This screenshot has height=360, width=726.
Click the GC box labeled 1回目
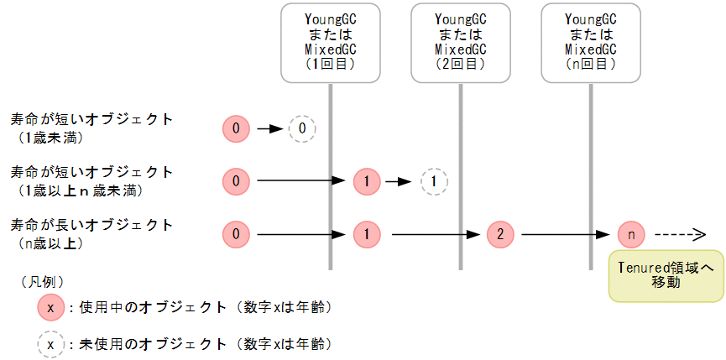click(x=330, y=42)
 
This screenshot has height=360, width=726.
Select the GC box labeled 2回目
click(x=460, y=42)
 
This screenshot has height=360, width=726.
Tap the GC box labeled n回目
click(x=590, y=42)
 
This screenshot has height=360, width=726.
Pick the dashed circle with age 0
click(x=302, y=128)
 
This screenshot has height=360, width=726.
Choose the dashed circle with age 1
click(x=433, y=180)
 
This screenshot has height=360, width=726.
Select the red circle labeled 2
click(x=500, y=234)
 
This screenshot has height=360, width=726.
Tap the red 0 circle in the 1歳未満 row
click(x=237, y=128)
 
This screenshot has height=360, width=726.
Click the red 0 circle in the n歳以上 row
click(x=237, y=234)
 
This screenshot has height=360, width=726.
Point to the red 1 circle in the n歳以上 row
click(x=367, y=234)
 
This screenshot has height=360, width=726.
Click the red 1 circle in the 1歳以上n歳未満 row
click(x=367, y=180)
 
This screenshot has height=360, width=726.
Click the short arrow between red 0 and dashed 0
click(x=270, y=129)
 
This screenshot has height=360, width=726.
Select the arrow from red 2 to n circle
click(x=565, y=234)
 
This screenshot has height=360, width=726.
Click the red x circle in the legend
click(x=51, y=308)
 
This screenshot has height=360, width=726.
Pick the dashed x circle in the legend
click(x=51, y=344)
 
